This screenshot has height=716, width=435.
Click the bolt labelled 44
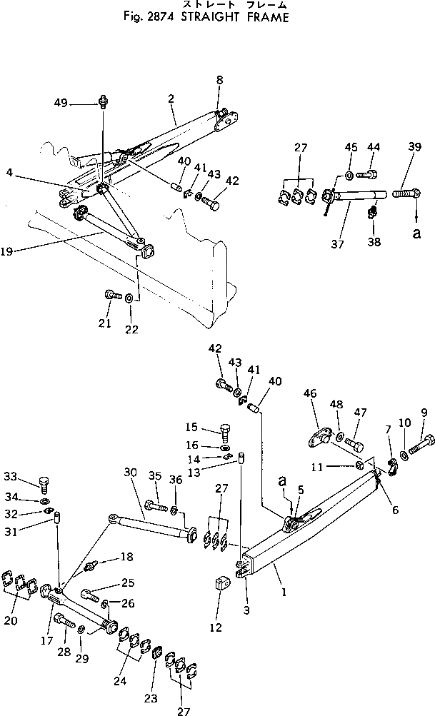pos(371,174)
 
